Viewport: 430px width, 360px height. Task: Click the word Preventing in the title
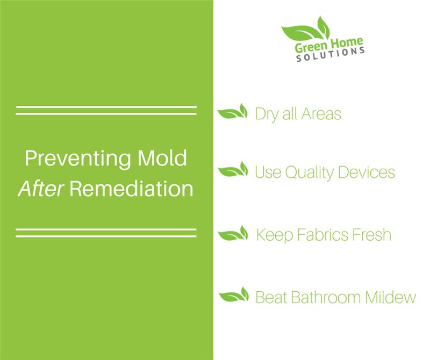tap(78, 159)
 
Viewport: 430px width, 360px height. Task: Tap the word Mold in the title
tap(162, 158)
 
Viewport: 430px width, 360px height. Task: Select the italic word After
tap(41, 189)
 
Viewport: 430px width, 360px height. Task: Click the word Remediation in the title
tap(131, 189)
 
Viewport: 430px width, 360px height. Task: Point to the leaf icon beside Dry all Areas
tap(233, 112)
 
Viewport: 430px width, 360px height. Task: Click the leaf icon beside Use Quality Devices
tap(233, 169)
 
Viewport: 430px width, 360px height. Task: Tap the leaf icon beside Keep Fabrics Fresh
tap(233, 233)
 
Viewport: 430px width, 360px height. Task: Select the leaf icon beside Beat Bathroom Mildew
tap(234, 295)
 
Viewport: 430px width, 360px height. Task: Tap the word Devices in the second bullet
tap(367, 172)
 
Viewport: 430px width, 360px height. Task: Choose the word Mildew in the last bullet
tap(391, 297)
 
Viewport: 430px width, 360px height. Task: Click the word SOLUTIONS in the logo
tap(331, 54)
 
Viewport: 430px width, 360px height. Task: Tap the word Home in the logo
tap(346, 43)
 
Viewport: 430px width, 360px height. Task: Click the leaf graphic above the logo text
tap(306, 30)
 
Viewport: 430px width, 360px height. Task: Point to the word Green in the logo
tap(311, 47)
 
